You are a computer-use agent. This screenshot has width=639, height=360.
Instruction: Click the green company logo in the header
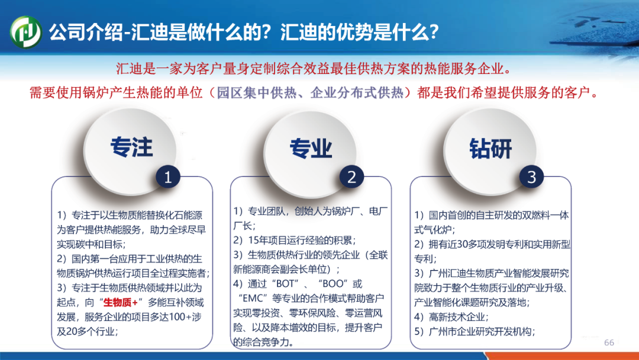(25, 32)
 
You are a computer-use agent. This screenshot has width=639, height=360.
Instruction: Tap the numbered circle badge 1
(168, 177)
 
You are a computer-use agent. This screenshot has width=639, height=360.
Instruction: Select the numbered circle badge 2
(351, 177)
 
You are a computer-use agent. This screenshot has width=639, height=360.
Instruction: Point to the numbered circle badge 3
(531, 177)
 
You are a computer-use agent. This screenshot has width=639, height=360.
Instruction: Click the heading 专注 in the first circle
(131, 147)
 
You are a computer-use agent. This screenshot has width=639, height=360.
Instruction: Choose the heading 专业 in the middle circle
(311, 148)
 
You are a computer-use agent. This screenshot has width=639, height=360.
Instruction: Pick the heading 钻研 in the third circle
(490, 148)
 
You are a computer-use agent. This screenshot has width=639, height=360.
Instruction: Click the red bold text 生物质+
(121, 303)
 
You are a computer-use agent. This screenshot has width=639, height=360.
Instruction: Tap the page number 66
(609, 342)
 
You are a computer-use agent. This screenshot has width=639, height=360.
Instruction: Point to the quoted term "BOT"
(288, 284)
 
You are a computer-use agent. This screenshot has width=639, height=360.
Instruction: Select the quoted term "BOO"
(333, 284)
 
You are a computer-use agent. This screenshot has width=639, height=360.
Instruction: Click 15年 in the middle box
(256, 240)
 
